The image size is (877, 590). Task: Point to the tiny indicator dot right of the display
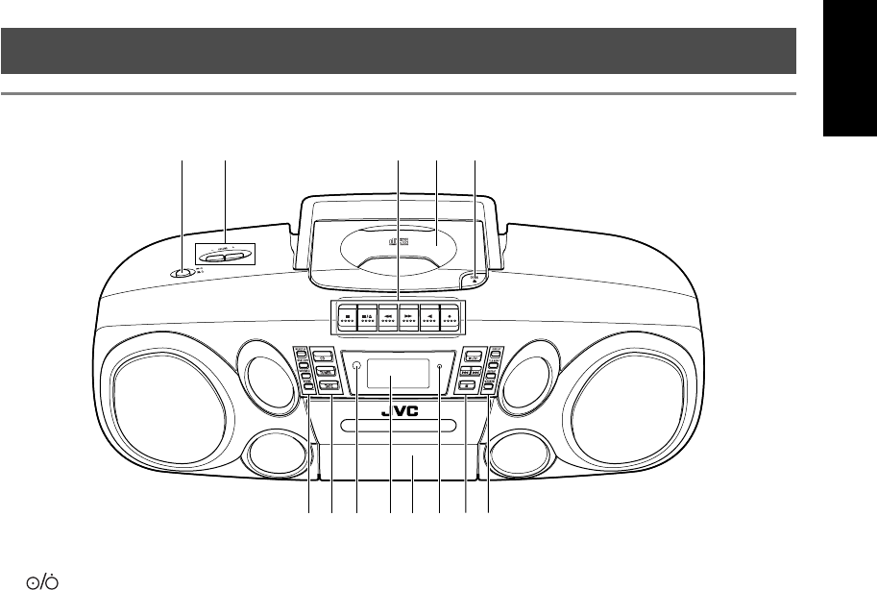point(439,366)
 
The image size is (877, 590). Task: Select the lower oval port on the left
point(277,452)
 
